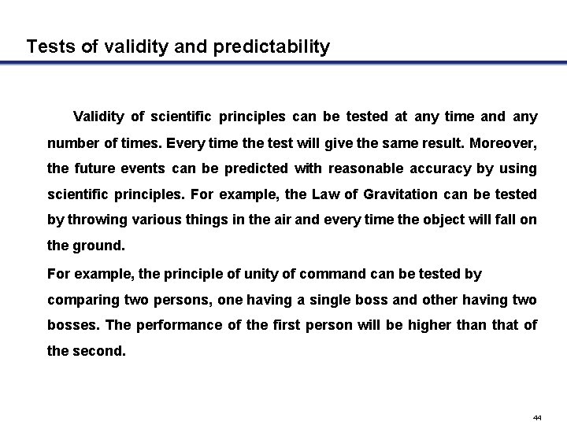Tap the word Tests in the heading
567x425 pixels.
pyautogui.click(x=50, y=47)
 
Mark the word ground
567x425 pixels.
pyautogui.click(x=98, y=246)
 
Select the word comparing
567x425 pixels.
pyautogui.click(x=81, y=300)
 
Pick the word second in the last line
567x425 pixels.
pyautogui.click(x=98, y=352)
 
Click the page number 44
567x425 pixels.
pyautogui.click(x=537, y=416)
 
